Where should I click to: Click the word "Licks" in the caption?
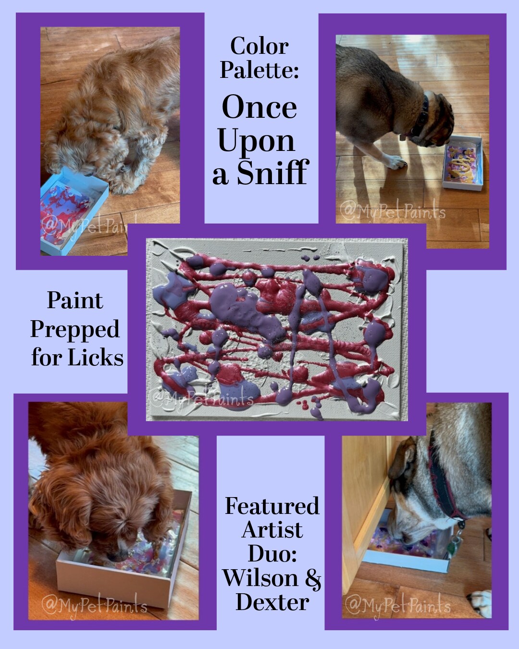point(95,358)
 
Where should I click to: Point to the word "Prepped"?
point(75,329)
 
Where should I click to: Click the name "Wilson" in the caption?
point(260,578)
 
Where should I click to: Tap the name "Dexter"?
point(272,602)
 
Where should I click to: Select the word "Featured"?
point(272,506)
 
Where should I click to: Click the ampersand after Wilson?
point(313,578)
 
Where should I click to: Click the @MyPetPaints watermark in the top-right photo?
point(393,212)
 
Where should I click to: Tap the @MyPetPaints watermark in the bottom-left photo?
point(94,605)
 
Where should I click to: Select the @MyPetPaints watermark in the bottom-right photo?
point(398,605)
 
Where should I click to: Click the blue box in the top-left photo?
point(72,207)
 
